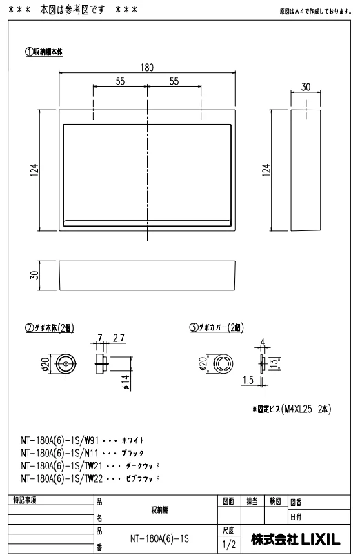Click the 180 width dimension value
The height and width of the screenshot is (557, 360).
(147, 68)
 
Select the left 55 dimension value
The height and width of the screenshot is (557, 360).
(120, 81)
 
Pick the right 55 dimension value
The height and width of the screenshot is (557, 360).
(174, 81)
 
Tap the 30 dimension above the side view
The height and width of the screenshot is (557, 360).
(306, 87)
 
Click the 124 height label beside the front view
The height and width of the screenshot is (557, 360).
(34, 170)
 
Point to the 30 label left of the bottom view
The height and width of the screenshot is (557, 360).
(34, 275)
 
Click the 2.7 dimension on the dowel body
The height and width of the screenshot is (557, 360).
(119, 338)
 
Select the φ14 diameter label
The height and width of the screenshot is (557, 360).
(126, 383)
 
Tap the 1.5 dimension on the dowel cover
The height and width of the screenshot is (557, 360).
(248, 381)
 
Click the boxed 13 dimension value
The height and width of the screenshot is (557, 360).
(274, 363)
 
